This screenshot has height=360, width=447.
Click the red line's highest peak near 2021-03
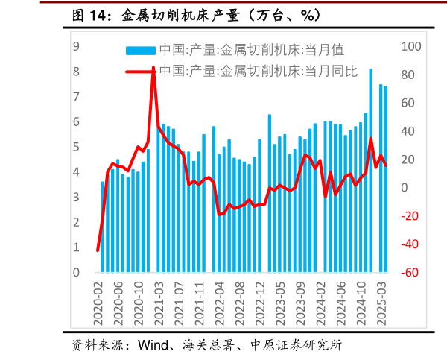click(x=153, y=68)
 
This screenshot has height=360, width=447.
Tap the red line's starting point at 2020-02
click(x=98, y=250)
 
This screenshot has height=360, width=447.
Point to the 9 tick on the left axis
click(x=76, y=46)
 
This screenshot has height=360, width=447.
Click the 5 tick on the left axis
click(x=76, y=147)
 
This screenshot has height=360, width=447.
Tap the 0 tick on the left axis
click(x=76, y=273)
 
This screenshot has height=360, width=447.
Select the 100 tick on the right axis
click(x=411, y=46)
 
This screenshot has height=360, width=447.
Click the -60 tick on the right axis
click(x=411, y=273)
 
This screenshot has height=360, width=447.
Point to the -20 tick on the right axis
click(x=411, y=216)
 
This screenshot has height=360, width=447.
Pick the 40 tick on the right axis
click(x=411, y=131)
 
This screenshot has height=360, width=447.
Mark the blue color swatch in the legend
click(x=141, y=50)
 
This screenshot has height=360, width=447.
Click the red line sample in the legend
click(x=141, y=72)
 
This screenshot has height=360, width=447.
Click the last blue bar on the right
click(x=386, y=179)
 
